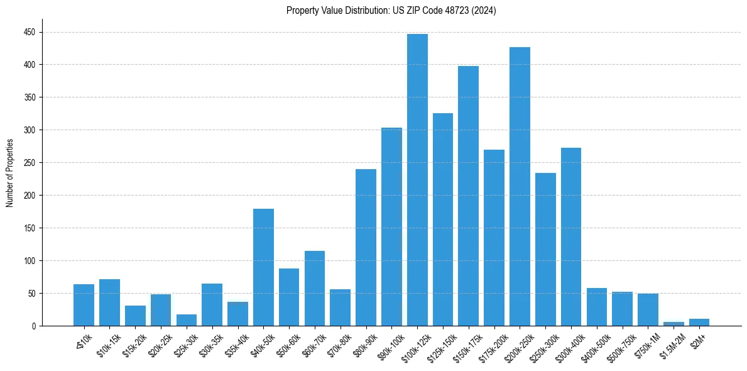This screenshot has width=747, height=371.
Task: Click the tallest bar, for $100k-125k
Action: coord(417,180)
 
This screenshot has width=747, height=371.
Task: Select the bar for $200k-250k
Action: coord(520,187)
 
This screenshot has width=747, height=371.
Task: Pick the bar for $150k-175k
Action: coord(468,196)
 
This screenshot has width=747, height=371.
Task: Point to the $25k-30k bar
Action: coord(187,320)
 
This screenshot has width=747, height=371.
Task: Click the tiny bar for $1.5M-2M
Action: coord(673,324)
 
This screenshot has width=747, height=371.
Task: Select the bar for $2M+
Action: coord(699,323)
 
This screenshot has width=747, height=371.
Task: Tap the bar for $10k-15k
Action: coord(109,302)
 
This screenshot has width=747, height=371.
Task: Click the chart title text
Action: coord(391,11)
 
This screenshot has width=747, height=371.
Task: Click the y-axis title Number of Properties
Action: coord(10,173)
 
